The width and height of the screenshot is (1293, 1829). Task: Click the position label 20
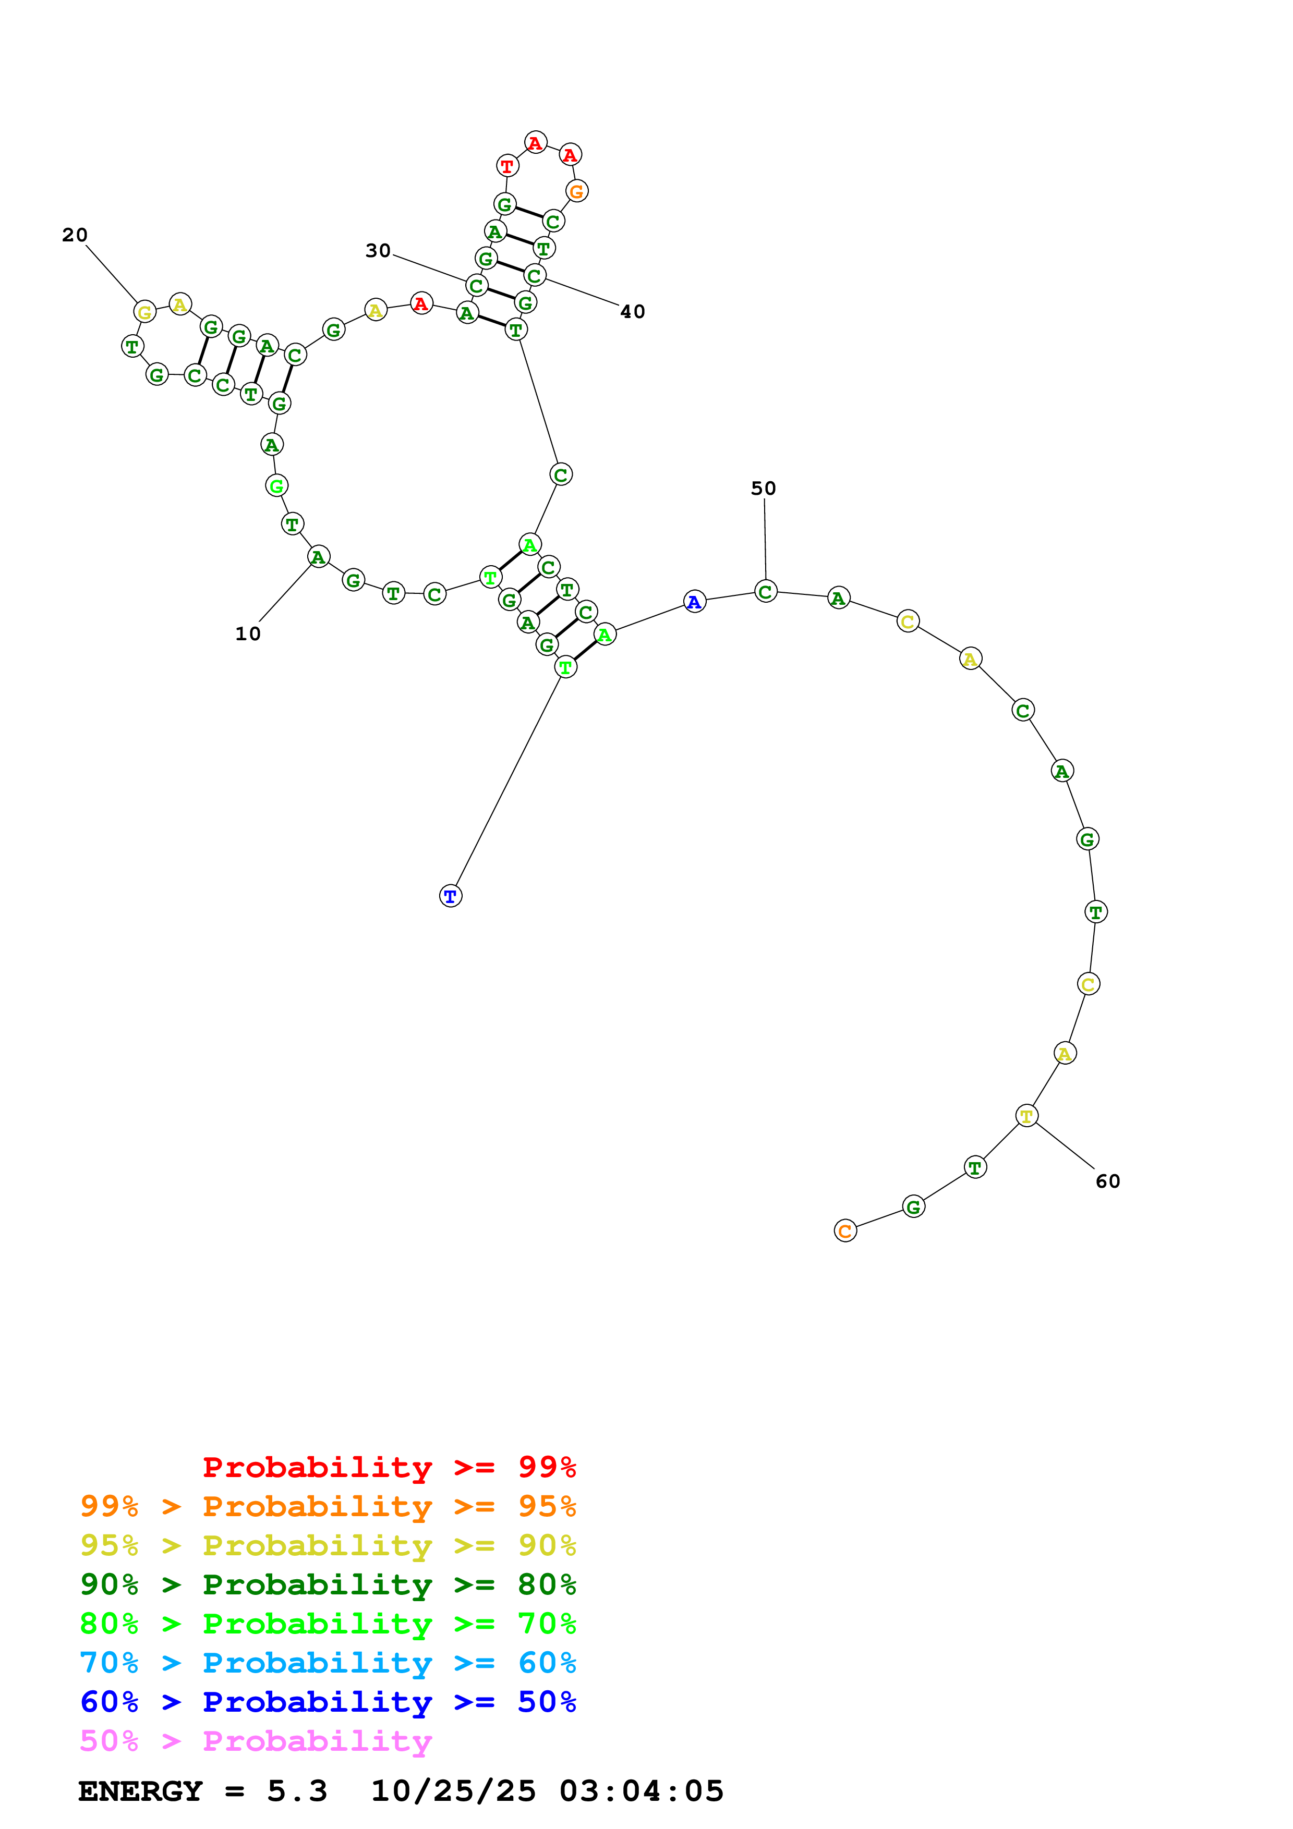point(75,235)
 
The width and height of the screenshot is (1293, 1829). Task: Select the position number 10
point(248,634)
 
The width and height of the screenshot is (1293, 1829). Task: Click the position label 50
point(763,489)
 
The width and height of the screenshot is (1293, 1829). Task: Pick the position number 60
point(1107,1181)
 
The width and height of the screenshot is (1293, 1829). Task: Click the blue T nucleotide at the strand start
point(451,896)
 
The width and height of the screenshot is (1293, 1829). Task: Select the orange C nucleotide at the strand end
point(845,1231)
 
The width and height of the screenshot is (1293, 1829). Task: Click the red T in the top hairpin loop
point(507,166)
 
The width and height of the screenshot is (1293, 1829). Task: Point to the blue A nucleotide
point(695,602)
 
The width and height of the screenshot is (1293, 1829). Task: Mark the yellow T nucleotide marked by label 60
point(1027,1116)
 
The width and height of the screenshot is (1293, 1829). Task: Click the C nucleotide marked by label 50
point(766,592)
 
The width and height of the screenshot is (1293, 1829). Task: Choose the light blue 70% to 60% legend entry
point(328,1663)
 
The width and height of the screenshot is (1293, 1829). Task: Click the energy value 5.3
point(297,1791)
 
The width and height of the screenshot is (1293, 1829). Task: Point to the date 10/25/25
point(453,1791)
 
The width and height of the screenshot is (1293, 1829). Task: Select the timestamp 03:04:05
point(642,1791)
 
